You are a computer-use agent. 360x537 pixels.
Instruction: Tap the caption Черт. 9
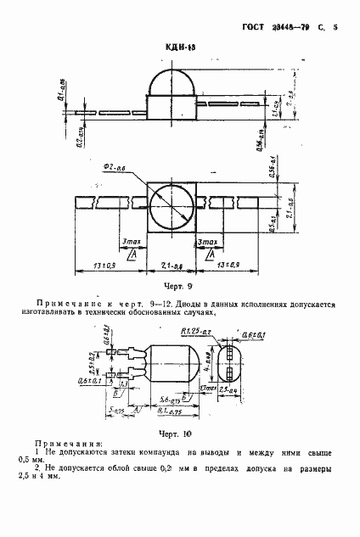[179, 286]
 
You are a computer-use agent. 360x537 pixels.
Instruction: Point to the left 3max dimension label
[132, 242]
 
